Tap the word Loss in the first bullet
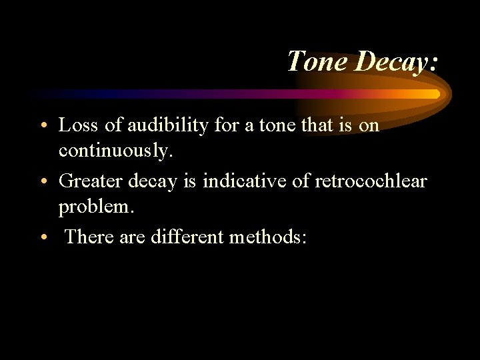75,125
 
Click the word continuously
115,151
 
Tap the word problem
96,208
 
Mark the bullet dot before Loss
43,126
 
